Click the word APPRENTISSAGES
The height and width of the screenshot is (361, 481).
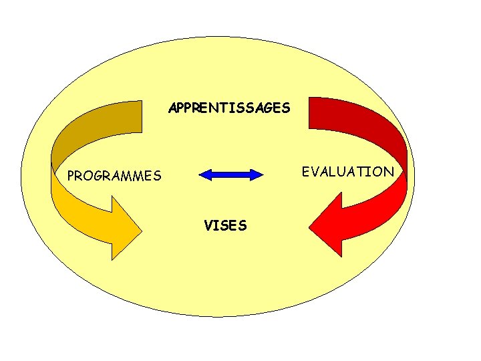(229, 107)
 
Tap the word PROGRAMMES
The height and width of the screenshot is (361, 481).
(114, 176)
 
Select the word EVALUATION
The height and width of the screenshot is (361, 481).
(347, 172)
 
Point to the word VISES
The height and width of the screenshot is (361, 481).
(225, 226)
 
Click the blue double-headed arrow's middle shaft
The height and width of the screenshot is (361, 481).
(232, 175)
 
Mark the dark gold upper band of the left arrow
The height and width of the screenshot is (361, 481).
(100, 124)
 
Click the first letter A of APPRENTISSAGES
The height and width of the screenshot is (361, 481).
(172, 107)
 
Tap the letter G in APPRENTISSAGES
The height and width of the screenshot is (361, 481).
(268, 107)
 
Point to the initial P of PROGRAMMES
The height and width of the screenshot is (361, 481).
(71, 176)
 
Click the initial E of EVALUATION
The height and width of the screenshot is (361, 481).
(306, 172)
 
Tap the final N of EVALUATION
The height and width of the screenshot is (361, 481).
(389, 172)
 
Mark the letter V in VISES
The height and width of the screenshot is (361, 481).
(208, 226)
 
